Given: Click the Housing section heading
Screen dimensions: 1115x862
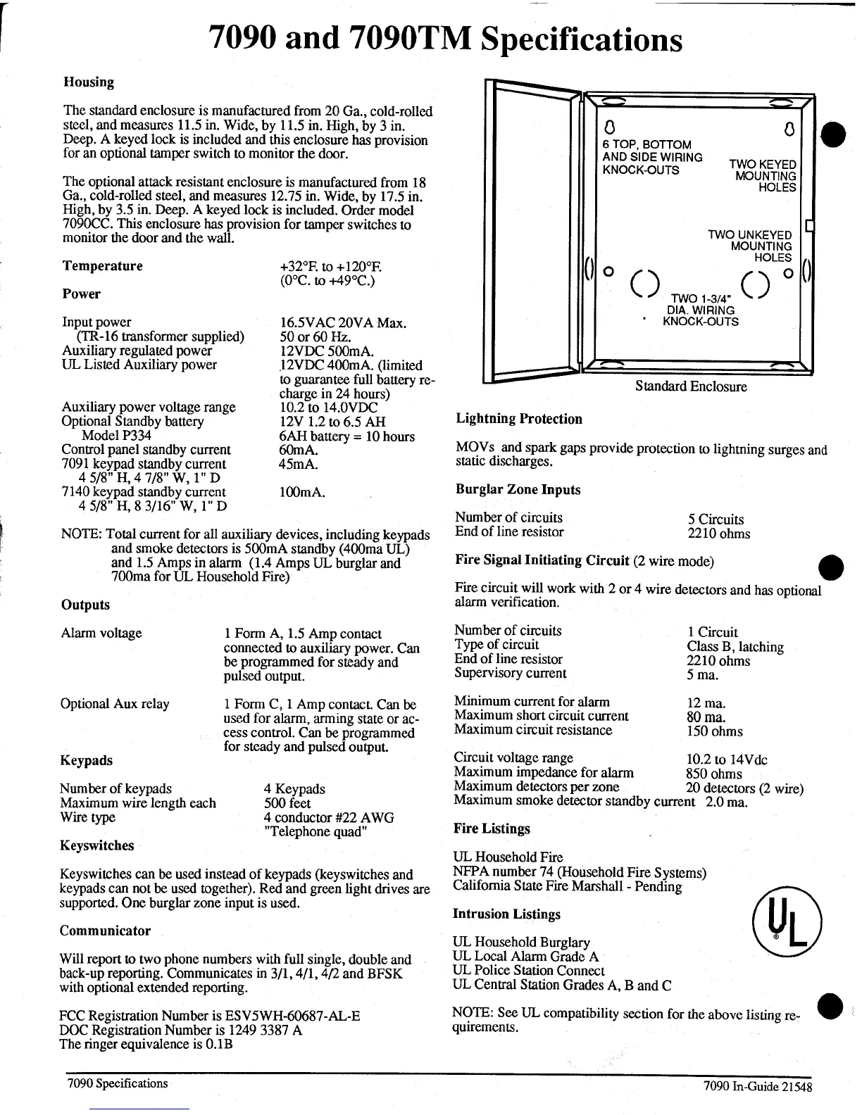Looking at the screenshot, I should click(x=89, y=82).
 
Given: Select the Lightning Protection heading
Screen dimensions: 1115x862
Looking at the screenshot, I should click(x=519, y=420).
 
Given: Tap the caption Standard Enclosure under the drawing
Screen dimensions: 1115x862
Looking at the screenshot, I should click(x=690, y=386).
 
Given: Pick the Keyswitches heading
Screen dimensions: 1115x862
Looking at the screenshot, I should click(x=97, y=846).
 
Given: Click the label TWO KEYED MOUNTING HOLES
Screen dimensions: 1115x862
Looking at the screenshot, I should click(x=763, y=175).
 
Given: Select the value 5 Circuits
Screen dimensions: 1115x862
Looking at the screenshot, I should click(x=716, y=519).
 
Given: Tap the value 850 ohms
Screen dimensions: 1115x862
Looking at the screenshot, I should click(x=713, y=774).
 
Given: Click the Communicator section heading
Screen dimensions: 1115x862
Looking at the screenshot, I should click(x=105, y=931).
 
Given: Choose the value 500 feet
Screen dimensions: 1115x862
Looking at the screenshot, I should click(x=287, y=803).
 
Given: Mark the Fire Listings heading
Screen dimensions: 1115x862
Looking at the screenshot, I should click(x=492, y=829).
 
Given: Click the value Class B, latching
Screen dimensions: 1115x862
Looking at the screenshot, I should click(x=735, y=647).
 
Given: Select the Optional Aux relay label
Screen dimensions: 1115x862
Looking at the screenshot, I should click(x=115, y=704).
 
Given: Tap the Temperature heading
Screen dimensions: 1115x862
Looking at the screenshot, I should click(x=102, y=266).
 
